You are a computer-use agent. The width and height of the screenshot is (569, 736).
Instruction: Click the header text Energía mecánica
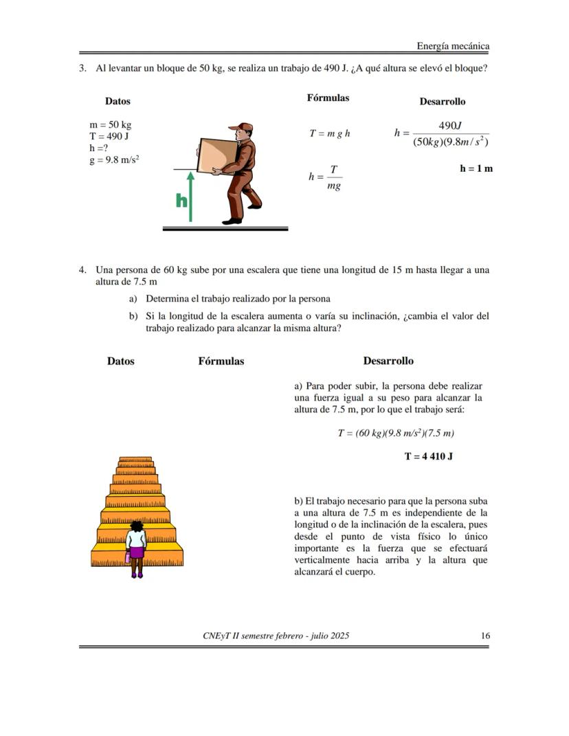coord(453,46)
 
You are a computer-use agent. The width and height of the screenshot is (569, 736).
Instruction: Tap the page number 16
coord(485,636)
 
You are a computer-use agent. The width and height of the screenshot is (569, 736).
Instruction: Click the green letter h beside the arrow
coord(181,201)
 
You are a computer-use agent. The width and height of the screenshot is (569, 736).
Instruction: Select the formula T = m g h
coord(329,133)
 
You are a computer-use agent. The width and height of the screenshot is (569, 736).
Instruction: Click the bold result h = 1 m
coord(476,168)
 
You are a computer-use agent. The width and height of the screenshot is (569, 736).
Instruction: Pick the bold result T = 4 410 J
coord(428,456)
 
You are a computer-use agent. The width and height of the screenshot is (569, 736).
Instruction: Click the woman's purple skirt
coord(137,551)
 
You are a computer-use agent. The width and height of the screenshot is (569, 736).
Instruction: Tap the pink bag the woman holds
coord(128,558)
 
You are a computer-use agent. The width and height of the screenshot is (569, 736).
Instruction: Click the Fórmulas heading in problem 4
coord(221,361)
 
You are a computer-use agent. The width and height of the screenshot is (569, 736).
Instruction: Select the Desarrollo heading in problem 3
coord(442,101)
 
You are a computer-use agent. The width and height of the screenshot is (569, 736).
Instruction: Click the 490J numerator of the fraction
coord(449,126)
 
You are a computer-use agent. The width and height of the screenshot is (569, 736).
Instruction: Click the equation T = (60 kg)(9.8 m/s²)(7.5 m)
coord(396,433)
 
